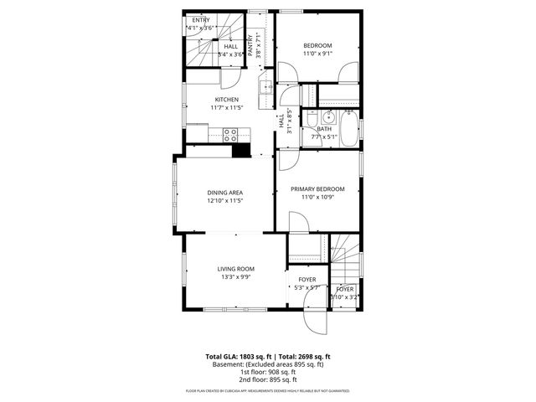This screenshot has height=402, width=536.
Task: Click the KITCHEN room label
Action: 226,99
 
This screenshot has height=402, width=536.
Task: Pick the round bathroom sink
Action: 311,117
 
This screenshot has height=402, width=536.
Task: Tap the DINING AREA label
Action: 225,193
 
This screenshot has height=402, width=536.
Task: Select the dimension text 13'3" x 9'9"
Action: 235,277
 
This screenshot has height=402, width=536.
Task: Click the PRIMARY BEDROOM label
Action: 317,189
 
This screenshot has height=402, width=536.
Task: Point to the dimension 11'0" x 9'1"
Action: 317,54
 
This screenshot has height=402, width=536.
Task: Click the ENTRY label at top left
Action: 201,19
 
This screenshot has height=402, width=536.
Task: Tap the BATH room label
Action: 323,129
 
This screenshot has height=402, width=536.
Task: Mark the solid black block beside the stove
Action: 241,151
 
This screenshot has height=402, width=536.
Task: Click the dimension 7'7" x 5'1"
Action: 323,137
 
